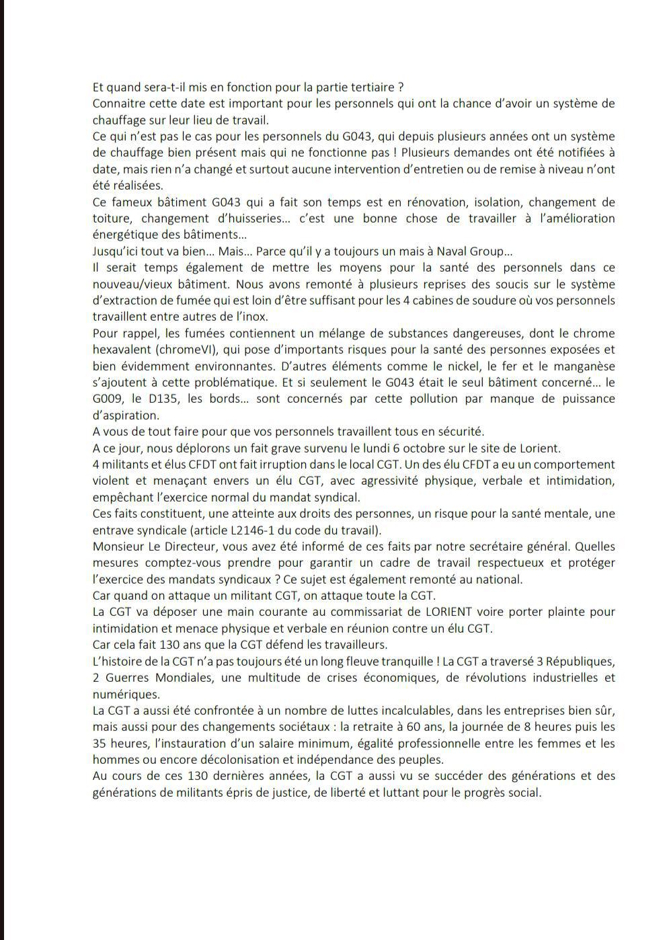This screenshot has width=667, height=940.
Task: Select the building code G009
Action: point(107,399)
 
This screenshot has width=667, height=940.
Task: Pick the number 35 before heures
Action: point(100,744)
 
